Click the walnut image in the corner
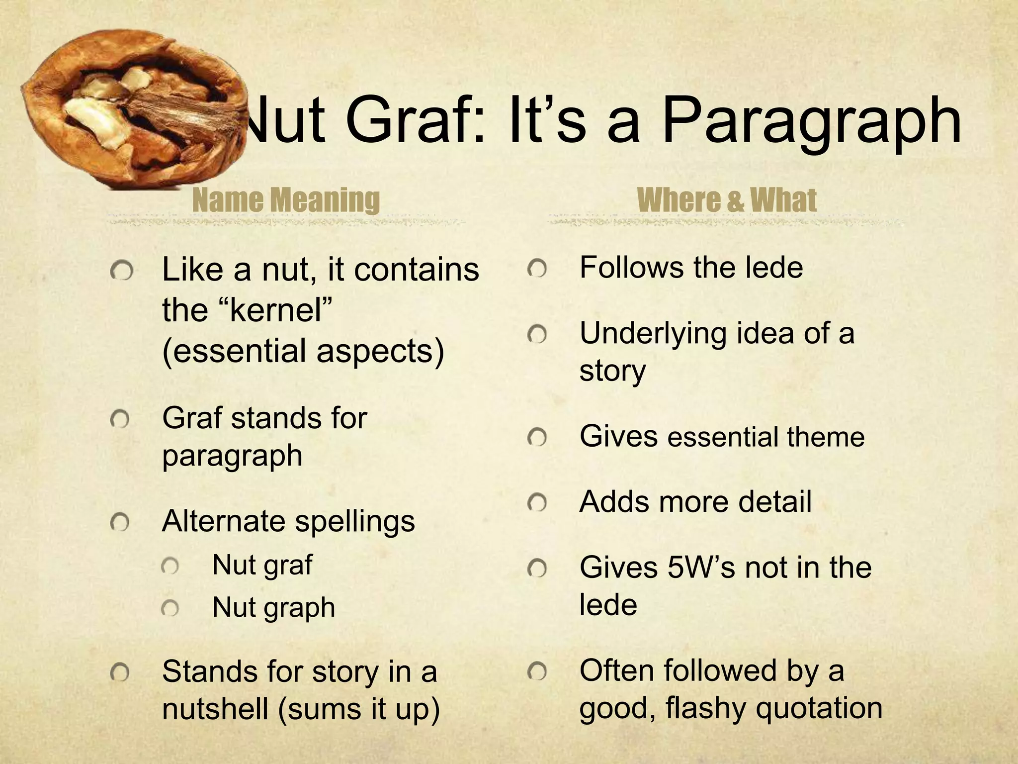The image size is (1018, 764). tap(134, 107)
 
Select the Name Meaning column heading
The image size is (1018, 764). tap(286, 200)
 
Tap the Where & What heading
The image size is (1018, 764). tap(726, 200)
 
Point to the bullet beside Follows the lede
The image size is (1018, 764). tap(537, 269)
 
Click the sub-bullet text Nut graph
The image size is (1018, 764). tap(273, 607)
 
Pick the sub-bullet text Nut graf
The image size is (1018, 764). tap(262, 565)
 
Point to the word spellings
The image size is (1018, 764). tap(355, 521)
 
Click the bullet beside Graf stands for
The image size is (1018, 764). tap(120, 421)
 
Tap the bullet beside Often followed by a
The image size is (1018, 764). tap(537, 672)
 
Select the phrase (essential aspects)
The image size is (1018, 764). tap(303, 351)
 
